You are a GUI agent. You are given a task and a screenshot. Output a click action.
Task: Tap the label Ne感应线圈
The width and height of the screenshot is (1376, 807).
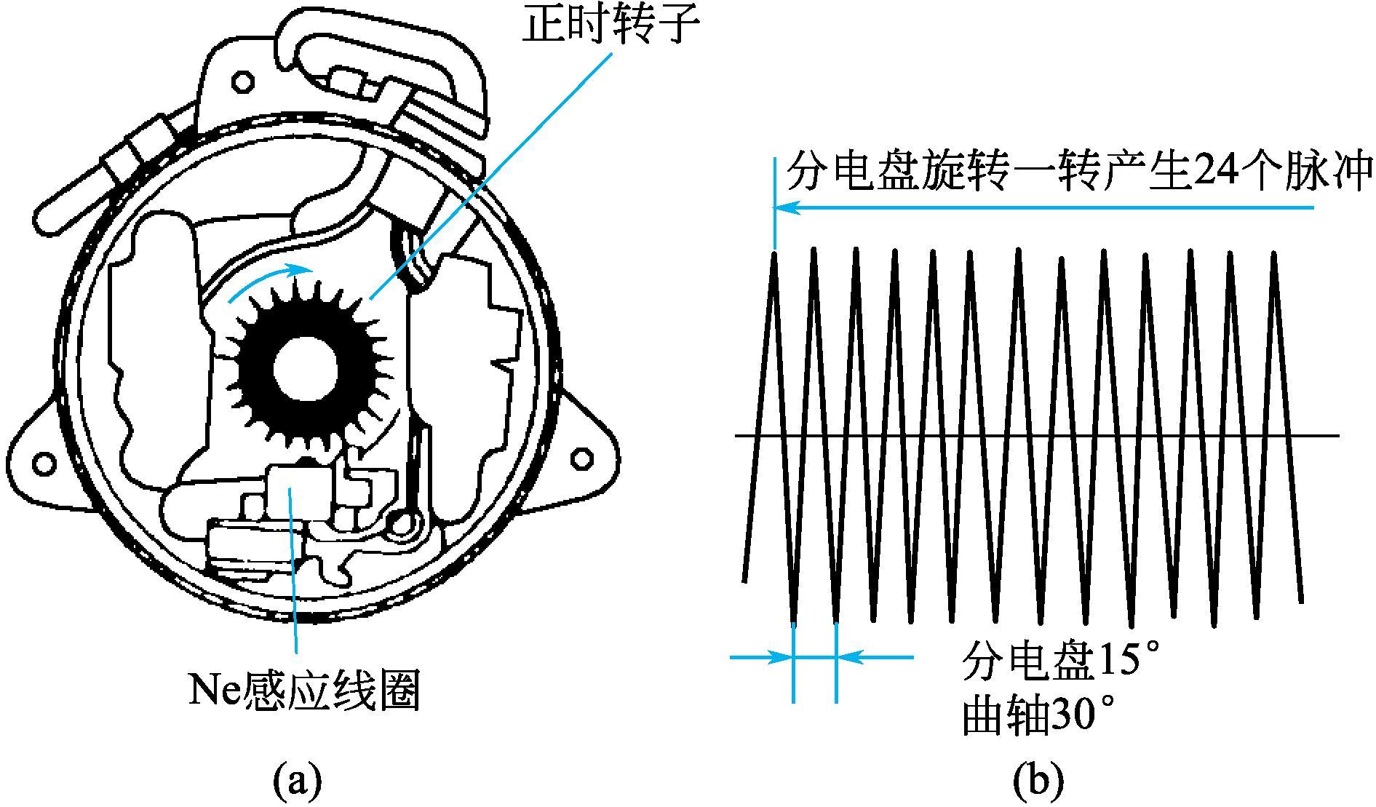pos(305,690)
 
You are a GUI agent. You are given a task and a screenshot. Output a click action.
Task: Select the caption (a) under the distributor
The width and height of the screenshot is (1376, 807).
pos(297,782)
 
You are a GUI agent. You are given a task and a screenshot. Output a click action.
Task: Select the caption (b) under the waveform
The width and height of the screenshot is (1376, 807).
pos(1038,782)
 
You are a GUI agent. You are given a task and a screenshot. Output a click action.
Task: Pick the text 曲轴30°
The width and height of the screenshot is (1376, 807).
pos(1038,715)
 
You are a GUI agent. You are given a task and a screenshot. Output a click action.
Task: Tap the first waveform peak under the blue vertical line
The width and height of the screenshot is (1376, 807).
pos(774,253)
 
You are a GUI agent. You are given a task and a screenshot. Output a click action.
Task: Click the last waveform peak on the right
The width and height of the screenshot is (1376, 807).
pos(1273,255)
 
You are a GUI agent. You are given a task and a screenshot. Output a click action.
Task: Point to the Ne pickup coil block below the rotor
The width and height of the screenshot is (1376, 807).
pos(291,493)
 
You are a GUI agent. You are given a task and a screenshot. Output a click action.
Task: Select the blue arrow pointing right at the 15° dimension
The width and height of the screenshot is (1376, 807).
pos(761,658)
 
